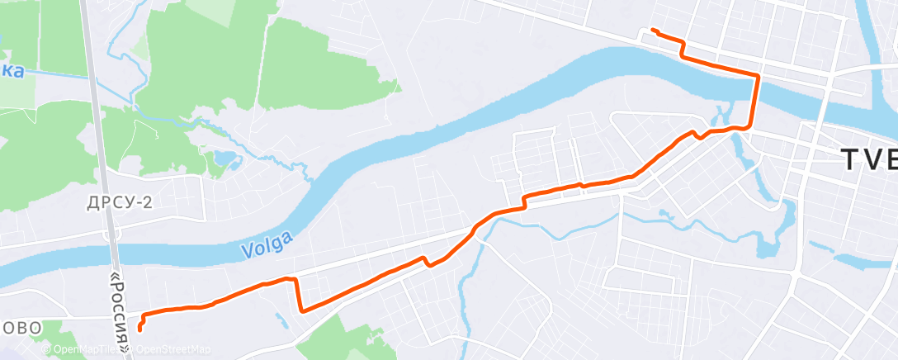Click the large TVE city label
tap(867, 159)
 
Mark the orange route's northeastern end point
tap(653, 30)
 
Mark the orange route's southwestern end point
tap(139, 329)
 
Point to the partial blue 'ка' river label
tap(12, 72)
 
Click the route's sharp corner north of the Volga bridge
tap(758, 75)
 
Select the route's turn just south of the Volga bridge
tap(749, 127)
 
